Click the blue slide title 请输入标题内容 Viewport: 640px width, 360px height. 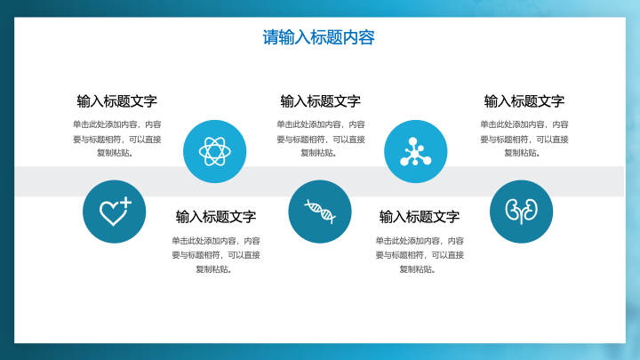coord(318,37)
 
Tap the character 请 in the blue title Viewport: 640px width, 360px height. coord(270,37)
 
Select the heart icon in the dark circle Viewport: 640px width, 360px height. coord(116,212)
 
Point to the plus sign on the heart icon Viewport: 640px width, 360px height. coord(125,203)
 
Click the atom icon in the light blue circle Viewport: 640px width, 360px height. coord(215,151)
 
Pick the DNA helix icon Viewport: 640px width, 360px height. coord(320,212)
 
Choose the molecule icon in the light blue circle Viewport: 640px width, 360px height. coord(415,151)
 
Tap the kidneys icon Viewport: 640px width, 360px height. coord(521,212)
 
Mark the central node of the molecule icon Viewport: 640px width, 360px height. coord(415,153)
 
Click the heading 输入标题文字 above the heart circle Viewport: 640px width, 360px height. coord(117,101)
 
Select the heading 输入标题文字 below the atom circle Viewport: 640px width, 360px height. coord(216,217)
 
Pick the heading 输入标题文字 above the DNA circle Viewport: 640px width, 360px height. coord(320,101)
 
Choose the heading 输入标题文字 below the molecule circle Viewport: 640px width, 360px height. coord(420,217)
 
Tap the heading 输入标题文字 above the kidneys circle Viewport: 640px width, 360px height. coord(524,101)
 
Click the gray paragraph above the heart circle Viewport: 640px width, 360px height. coord(117,139)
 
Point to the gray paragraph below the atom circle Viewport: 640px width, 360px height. coord(216,255)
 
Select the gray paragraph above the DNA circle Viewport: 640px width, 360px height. coord(320,139)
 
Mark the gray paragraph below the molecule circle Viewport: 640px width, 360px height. coord(420,255)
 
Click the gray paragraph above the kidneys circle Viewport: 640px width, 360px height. coord(524,139)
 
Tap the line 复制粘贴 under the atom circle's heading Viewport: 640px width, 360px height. coord(213,269)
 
